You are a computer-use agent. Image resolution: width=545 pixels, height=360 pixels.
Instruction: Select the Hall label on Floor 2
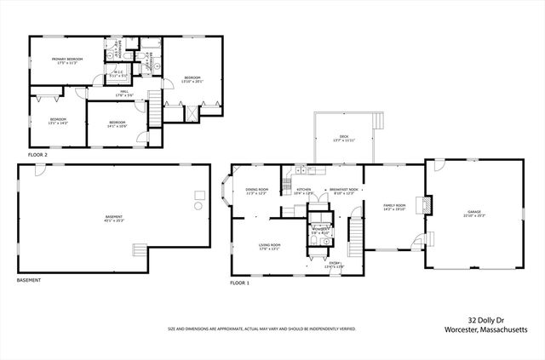123,93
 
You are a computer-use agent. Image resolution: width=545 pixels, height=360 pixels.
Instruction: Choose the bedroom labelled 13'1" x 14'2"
58,121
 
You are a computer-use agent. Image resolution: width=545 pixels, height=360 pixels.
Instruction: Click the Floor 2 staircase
155,109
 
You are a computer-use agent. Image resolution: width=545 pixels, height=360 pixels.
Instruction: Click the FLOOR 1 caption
240,283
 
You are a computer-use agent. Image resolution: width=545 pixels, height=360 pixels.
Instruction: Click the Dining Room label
256,191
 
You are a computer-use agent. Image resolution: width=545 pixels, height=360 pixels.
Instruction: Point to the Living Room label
270,247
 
